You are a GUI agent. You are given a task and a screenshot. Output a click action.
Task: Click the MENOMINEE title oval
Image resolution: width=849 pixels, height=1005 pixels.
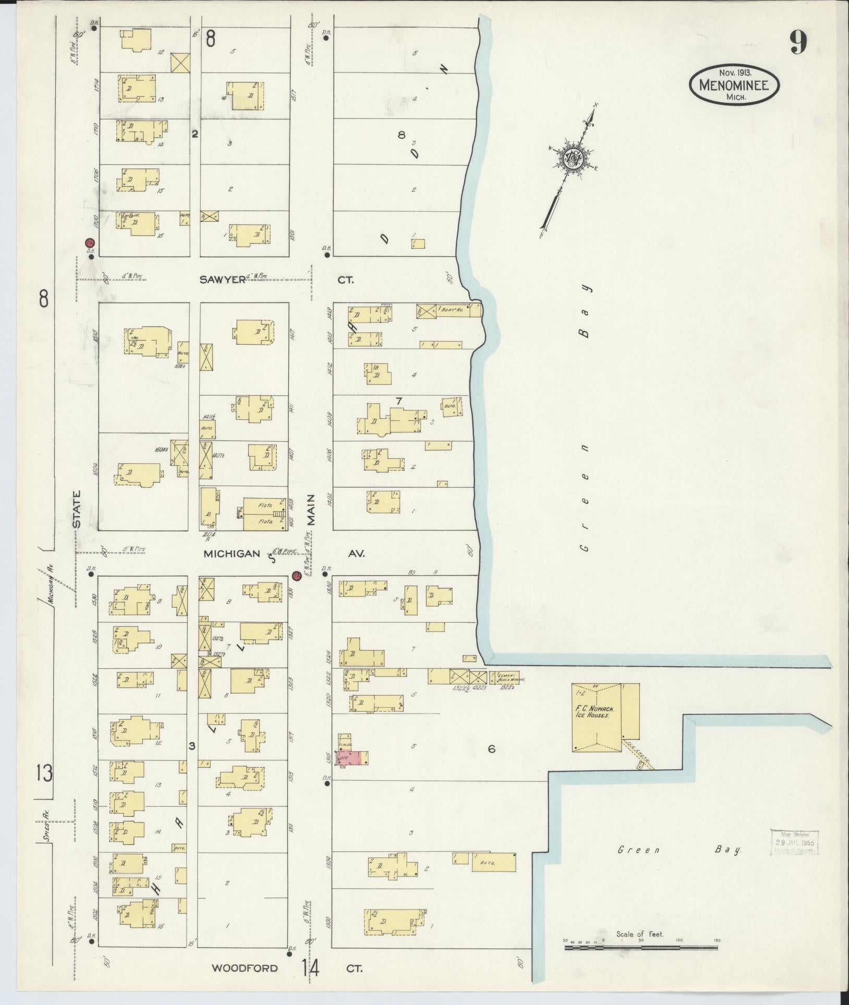pyautogui.click(x=734, y=84)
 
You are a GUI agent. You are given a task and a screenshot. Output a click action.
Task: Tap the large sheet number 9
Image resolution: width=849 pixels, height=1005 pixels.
pyautogui.click(x=798, y=42)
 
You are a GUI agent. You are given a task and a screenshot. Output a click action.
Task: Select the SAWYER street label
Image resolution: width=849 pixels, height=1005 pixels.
pyautogui.click(x=223, y=280)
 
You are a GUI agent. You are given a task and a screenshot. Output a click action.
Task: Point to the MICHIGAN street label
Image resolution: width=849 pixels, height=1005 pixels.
pyautogui.click(x=232, y=553)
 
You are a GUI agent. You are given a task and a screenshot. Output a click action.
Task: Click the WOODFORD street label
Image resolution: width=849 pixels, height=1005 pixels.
pyautogui.click(x=244, y=968)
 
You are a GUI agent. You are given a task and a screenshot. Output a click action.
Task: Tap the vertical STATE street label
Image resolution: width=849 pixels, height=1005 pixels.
pyautogui.click(x=77, y=508)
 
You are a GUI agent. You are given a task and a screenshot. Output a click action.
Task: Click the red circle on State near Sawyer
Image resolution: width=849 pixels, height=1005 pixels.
pyautogui.click(x=89, y=243)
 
